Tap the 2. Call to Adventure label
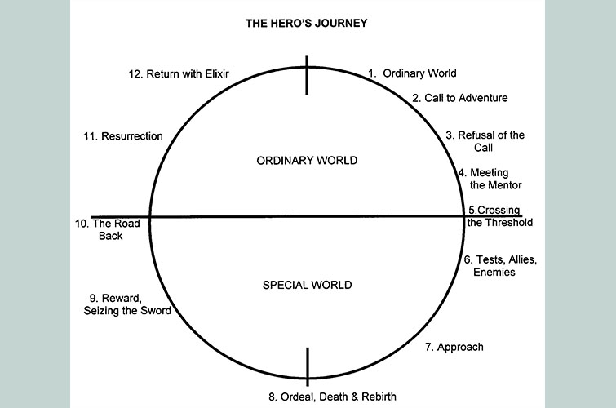[x=459, y=98]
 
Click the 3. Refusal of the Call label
[x=485, y=141]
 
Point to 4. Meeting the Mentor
[x=490, y=179]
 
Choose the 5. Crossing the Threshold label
[x=499, y=216]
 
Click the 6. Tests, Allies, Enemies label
[x=499, y=265]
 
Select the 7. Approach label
[x=454, y=347]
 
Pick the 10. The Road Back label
[x=105, y=229]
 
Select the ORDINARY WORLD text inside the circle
[x=307, y=161]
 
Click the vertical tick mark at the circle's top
[x=308, y=75]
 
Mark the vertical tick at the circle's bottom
[x=308, y=366]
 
